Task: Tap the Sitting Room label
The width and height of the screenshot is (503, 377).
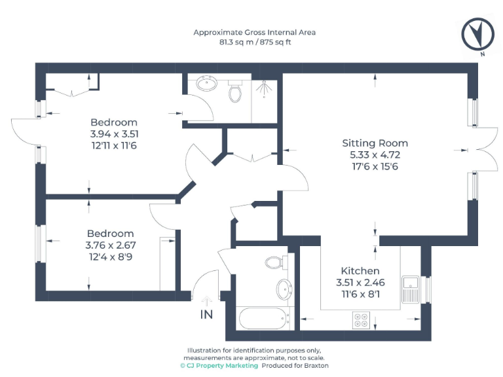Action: pos(375,143)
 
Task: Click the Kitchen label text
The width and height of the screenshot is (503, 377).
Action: pos(360,271)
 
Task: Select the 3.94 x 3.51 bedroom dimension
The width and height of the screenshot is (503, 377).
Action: pos(114,134)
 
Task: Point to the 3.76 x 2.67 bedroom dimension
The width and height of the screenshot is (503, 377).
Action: pos(111,245)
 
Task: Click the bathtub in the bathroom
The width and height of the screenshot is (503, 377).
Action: pos(262,319)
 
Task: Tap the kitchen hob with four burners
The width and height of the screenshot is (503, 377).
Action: pos(362,320)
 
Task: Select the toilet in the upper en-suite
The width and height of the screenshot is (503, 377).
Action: pos(235,92)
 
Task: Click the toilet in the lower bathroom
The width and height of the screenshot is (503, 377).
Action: pos(274,262)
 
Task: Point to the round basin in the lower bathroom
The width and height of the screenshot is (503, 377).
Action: pos(284,289)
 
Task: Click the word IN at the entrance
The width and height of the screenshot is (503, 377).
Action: pos(206,315)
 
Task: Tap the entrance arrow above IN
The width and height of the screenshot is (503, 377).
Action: pos(207,301)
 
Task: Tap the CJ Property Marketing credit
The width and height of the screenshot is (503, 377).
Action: pos(219,366)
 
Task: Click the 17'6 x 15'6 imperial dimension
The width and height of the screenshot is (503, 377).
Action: pos(375,166)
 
